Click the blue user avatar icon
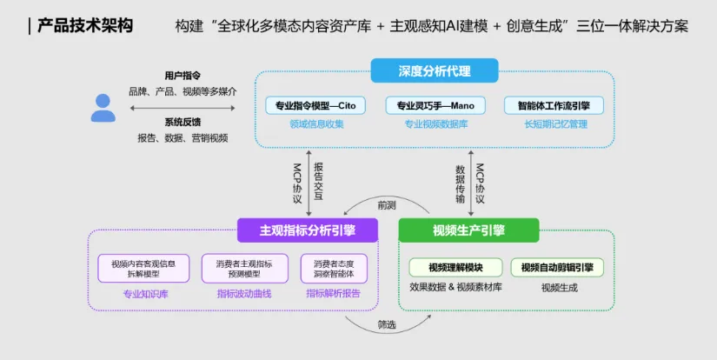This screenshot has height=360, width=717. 103,107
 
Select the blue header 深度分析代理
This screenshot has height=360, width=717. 434,70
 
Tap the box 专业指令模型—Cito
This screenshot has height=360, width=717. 316,105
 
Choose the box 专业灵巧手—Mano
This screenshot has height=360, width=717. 435,105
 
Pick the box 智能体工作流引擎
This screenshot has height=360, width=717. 554,105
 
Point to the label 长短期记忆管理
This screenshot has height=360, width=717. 554,124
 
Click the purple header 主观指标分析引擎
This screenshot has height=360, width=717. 308,230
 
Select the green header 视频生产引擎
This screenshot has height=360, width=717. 468,230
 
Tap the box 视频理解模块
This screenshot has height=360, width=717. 456,267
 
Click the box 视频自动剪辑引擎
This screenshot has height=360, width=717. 557,267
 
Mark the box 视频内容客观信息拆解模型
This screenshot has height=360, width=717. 144,268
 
